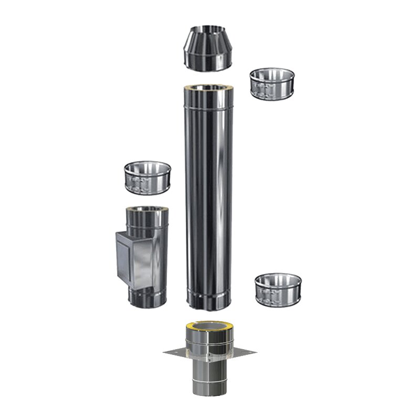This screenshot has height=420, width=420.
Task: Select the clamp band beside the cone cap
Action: (271, 83)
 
